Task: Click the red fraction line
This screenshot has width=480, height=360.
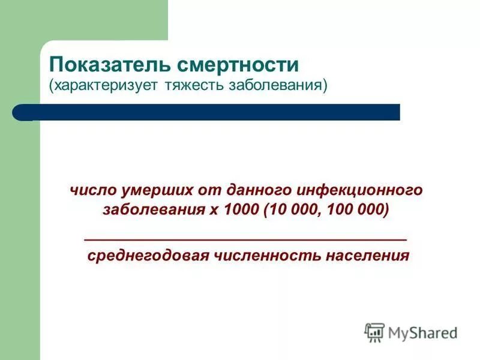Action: coord(245,239)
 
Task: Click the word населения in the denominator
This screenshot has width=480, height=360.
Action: coord(367,256)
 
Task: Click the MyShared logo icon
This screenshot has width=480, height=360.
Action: coord(374,332)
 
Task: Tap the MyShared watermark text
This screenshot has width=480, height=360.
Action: coord(422,332)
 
